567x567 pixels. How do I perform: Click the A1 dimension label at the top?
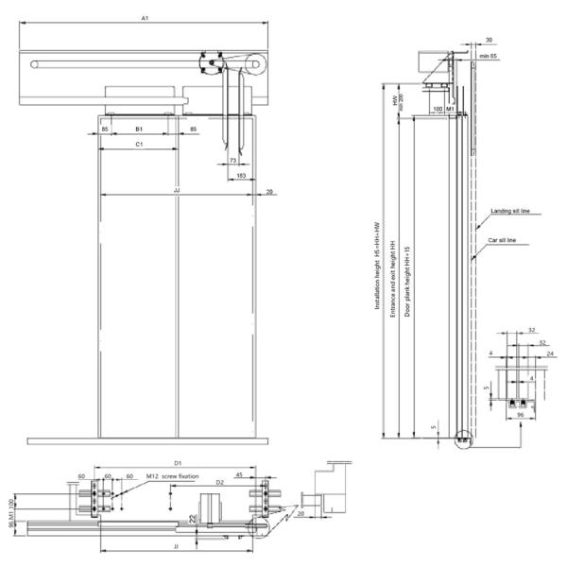coord(144,17)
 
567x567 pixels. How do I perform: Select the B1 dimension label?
coord(139,128)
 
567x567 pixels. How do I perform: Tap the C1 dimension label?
coord(139,145)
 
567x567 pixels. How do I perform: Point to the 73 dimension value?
coord(233,163)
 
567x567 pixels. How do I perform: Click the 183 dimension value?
coord(242,176)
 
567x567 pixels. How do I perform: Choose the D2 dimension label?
coord(219,482)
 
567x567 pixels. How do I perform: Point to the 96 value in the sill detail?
coord(521,415)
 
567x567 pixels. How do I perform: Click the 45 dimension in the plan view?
coord(240,475)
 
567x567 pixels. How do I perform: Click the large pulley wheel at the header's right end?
coord(253,65)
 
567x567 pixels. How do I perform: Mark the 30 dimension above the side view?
coord(488,40)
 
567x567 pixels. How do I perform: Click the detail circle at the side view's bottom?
coord(460,437)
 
